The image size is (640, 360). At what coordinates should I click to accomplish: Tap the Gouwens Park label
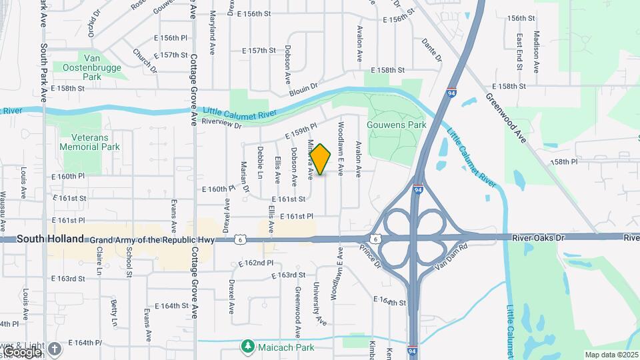pyautogui.click(x=396, y=125)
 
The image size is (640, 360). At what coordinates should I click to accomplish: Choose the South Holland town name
pyautogui.click(x=51, y=238)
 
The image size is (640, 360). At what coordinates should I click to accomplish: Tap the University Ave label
pyautogui.click(x=320, y=304)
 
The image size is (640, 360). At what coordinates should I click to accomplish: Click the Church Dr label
pyautogui.click(x=144, y=60)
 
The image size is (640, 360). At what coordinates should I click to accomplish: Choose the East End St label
pyautogui.click(x=519, y=51)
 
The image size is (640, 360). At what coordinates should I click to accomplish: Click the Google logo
pyautogui.click(x=22, y=351)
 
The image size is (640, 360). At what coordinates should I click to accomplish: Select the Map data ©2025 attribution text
pyautogui.click(x=610, y=355)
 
